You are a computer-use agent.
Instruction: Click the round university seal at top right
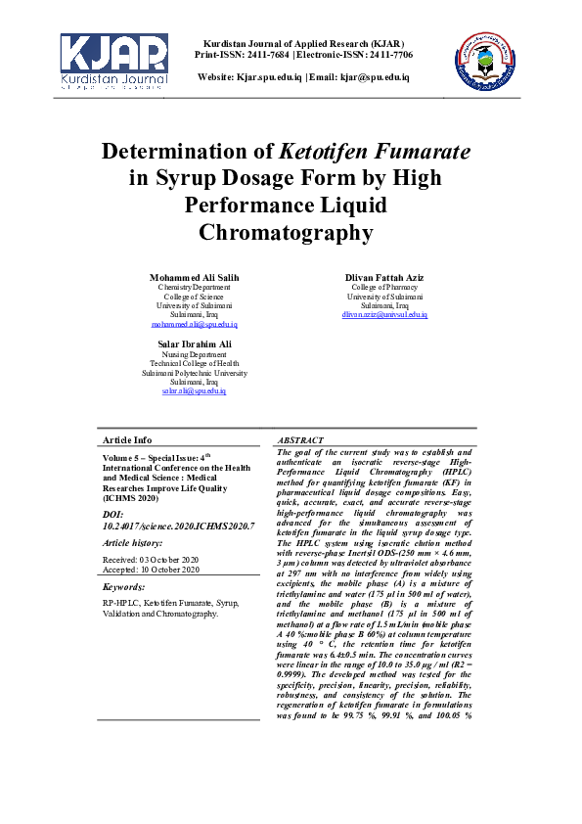pos(486,60)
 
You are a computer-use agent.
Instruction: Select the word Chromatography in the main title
pos(286,233)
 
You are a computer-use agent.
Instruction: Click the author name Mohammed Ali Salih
pos(194,278)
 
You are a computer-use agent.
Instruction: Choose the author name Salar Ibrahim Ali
pos(194,343)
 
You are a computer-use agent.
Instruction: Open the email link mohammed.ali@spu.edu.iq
pos(194,324)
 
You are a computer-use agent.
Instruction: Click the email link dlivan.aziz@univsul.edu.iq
pos(384,315)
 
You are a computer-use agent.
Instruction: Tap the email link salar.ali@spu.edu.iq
pos(194,390)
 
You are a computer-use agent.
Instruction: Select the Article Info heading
pos(127,440)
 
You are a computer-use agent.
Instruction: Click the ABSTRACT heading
pos(301,441)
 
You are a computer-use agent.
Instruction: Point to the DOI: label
pos(113,514)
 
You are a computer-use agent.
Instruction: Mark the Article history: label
pos(133,542)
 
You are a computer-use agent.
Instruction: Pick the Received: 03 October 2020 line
pos(151,559)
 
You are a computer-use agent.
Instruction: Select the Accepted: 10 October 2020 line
pos(151,569)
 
